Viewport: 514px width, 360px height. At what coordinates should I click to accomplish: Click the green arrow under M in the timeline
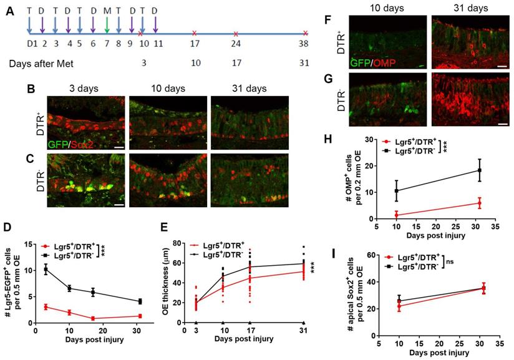(x=107, y=24)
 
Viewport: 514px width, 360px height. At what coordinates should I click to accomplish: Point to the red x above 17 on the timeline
(x=195, y=33)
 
